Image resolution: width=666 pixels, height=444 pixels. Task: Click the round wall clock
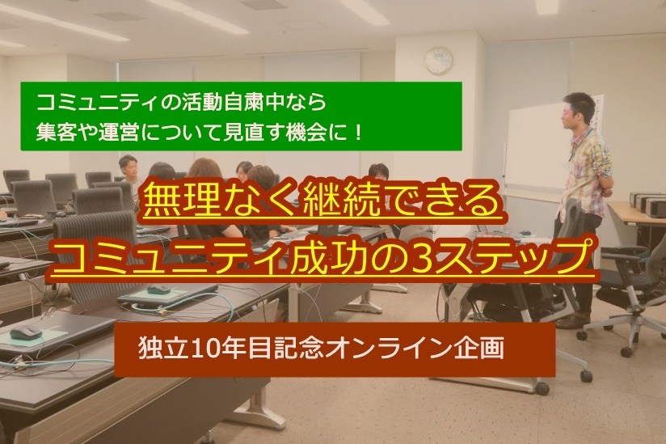click(x=439, y=61)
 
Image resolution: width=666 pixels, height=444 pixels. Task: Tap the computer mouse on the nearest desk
click(x=26, y=332)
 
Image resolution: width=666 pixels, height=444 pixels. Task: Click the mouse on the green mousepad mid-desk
click(x=158, y=290)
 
